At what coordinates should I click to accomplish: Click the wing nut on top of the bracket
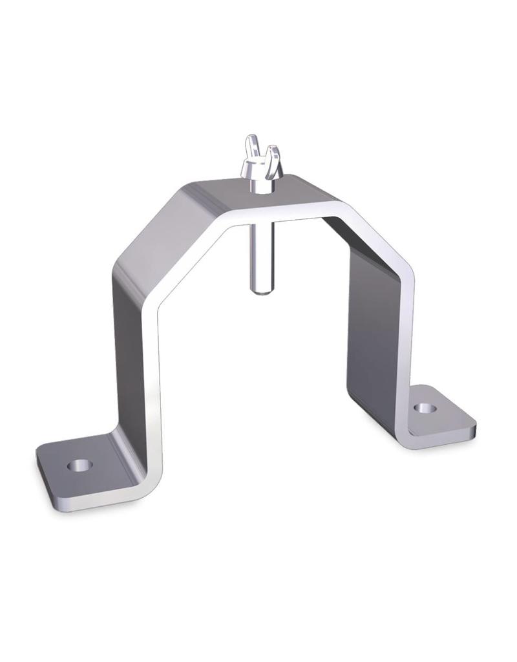pyautogui.click(x=260, y=162)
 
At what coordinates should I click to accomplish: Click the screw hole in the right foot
pyautogui.click(x=424, y=409)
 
